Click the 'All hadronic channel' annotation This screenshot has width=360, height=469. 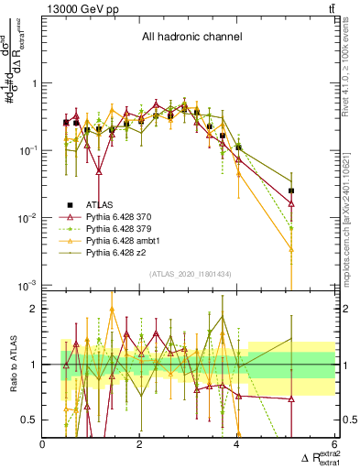191,38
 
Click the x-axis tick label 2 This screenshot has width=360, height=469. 139,444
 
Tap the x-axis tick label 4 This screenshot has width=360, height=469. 236,444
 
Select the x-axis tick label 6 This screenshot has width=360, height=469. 333,444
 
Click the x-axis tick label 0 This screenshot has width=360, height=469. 42,444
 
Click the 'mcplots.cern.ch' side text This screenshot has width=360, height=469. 351,229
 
